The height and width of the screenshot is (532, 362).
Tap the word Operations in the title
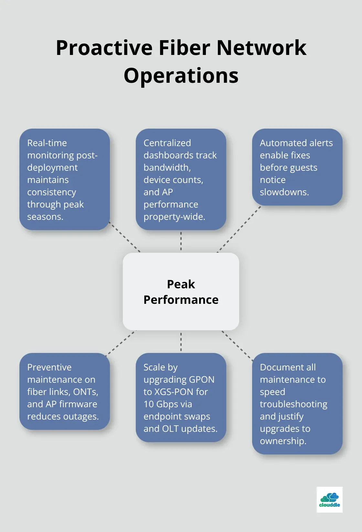pyautogui.click(x=181, y=76)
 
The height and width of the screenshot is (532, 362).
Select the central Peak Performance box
pyautogui.click(x=181, y=291)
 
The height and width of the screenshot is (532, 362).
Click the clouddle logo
pyautogui.click(x=329, y=499)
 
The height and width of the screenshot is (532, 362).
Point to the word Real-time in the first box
pyautogui.click(x=47, y=143)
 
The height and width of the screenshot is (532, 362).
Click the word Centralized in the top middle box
pyautogui.click(x=167, y=143)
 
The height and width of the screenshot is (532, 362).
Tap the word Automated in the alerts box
pyautogui.click(x=280, y=143)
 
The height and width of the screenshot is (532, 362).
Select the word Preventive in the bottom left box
pyautogui.click(x=49, y=367)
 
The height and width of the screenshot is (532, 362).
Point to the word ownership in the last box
pyautogui.click(x=283, y=441)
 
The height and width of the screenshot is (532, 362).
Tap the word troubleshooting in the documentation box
pyautogui.click(x=293, y=404)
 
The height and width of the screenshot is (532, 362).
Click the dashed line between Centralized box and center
pyautogui.click(x=181, y=241)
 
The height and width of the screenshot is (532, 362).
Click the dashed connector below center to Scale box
pyautogui.click(x=181, y=342)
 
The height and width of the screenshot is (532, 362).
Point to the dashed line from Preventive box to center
pyautogui.click(x=121, y=343)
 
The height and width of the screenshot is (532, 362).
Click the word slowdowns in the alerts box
pyautogui.click(x=284, y=192)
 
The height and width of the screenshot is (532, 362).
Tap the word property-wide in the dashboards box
pyautogui.click(x=174, y=217)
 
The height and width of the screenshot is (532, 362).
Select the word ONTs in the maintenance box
pyautogui.click(x=85, y=392)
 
